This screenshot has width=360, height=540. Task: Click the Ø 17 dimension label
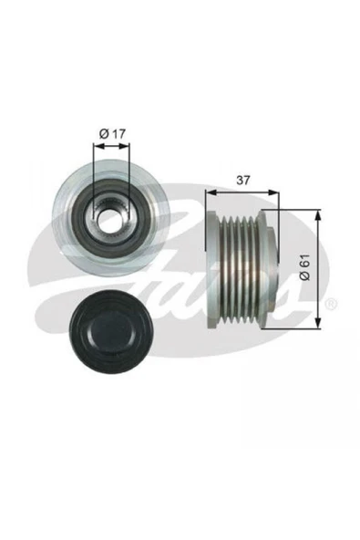(x=111, y=135)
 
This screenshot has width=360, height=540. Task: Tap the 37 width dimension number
(x=242, y=180)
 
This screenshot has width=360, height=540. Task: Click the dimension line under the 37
(x=242, y=192)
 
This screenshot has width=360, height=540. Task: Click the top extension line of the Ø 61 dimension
(x=296, y=211)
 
